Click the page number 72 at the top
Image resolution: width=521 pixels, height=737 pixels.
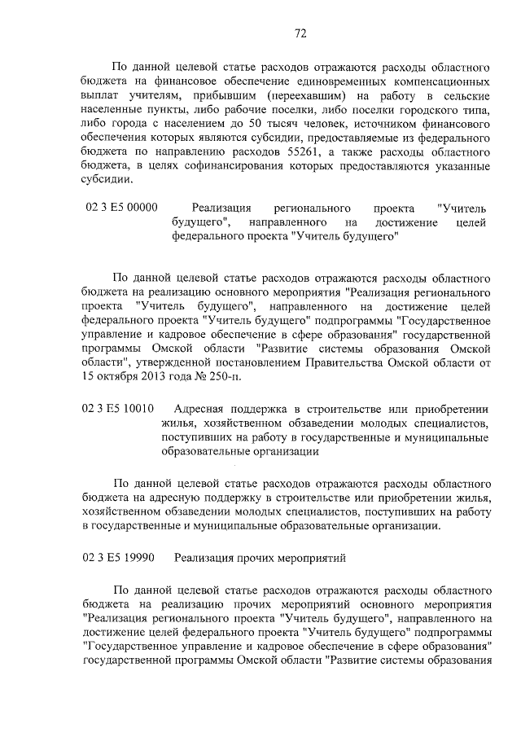tap(300, 33)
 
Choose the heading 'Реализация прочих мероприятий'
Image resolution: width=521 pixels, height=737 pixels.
tap(260, 558)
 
